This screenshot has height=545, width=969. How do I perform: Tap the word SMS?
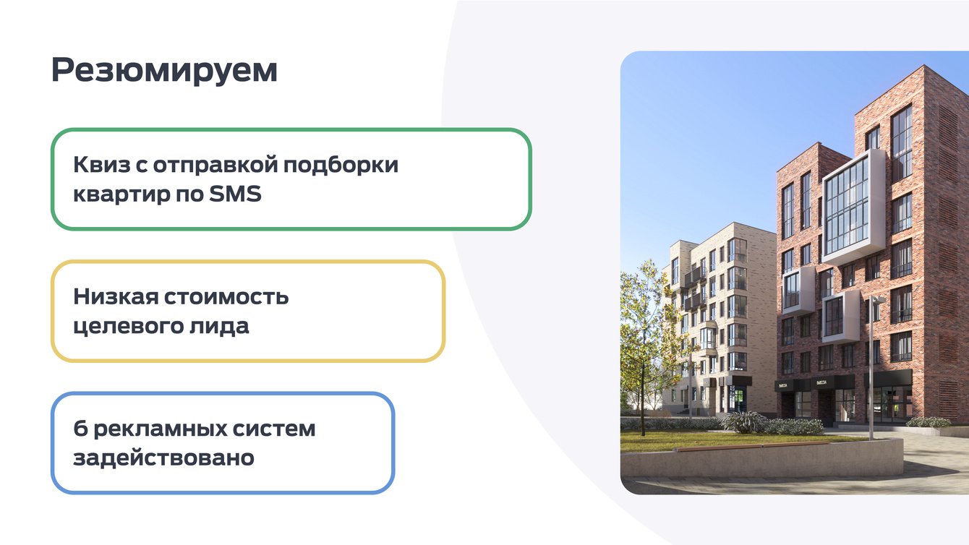point(235,194)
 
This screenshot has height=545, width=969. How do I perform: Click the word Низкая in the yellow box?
point(116,297)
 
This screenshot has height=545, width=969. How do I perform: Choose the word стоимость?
point(226,297)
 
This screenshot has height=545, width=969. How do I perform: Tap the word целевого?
point(129,327)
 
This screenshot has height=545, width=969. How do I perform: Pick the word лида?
point(219,327)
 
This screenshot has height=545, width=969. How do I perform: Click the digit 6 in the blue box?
point(80,429)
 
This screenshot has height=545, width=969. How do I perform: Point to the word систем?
point(274,429)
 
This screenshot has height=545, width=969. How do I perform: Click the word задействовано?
point(163,458)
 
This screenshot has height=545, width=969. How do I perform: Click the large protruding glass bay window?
point(853,207)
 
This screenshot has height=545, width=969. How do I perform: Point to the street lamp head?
point(878,300)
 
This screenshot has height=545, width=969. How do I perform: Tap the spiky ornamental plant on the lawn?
point(743,421)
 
